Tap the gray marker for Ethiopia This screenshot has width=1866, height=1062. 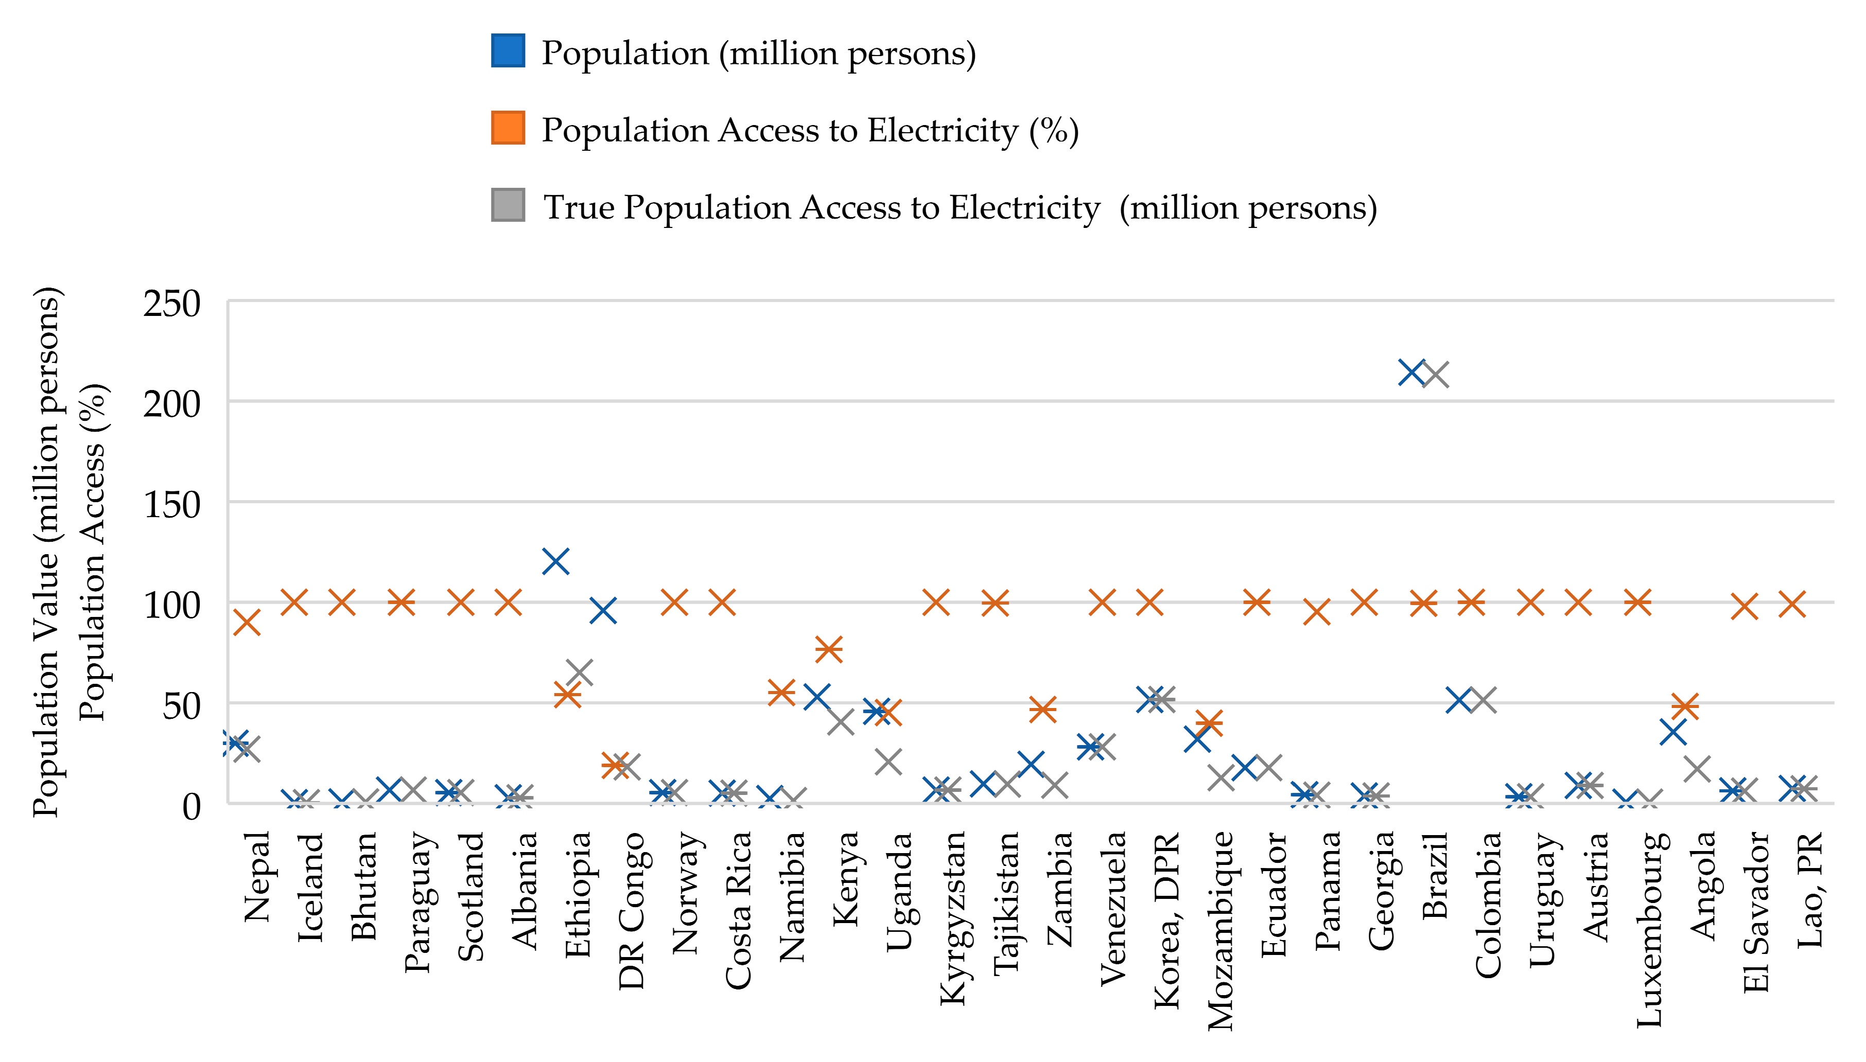coord(579,672)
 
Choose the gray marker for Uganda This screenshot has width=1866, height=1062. coord(888,762)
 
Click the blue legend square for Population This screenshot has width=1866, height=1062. coord(508,51)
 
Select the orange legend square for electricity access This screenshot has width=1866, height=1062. coord(508,128)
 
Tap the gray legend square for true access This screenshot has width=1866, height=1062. coord(508,205)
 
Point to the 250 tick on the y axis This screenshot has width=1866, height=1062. coord(172,304)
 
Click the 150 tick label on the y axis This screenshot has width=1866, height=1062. coord(172,505)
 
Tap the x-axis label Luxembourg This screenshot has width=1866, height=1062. coord(1649,929)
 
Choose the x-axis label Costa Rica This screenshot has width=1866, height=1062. coord(738,910)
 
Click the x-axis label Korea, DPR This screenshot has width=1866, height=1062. coord(1166,921)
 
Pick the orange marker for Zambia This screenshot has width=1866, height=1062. coord(1043,708)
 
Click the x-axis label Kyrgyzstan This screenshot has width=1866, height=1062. coord(952,917)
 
